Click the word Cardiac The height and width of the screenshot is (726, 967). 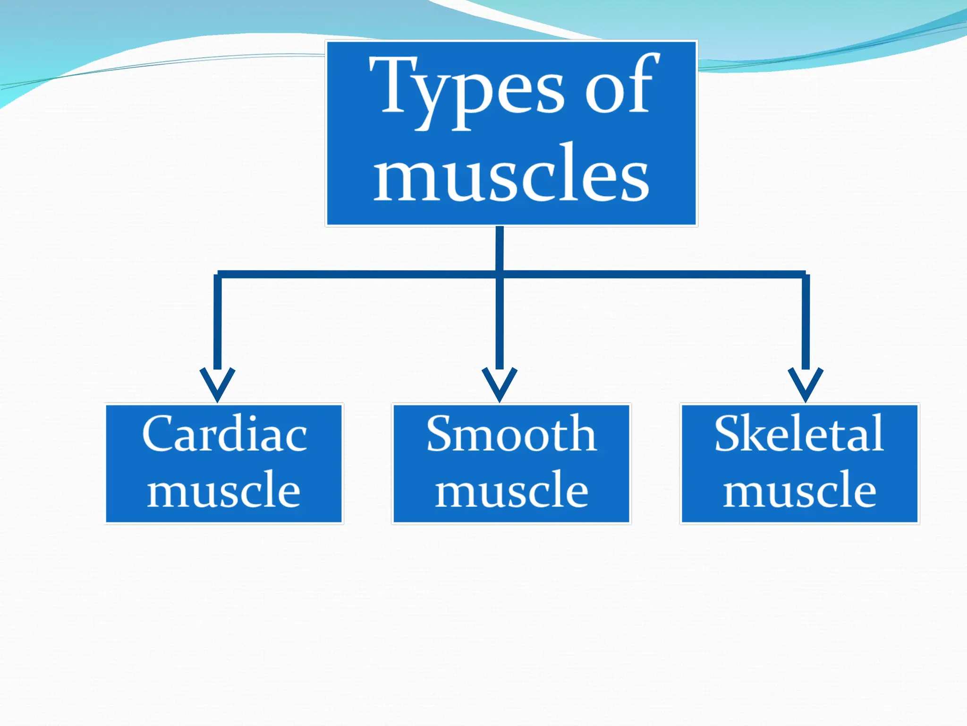[x=224, y=434]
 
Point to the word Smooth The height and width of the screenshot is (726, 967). [x=511, y=434]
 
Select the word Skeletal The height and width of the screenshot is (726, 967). [x=799, y=434]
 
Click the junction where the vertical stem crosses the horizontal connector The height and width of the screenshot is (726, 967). [x=500, y=274]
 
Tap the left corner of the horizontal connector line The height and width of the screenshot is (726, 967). [x=218, y=275]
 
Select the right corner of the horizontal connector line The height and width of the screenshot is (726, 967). [x=806, y=275]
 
